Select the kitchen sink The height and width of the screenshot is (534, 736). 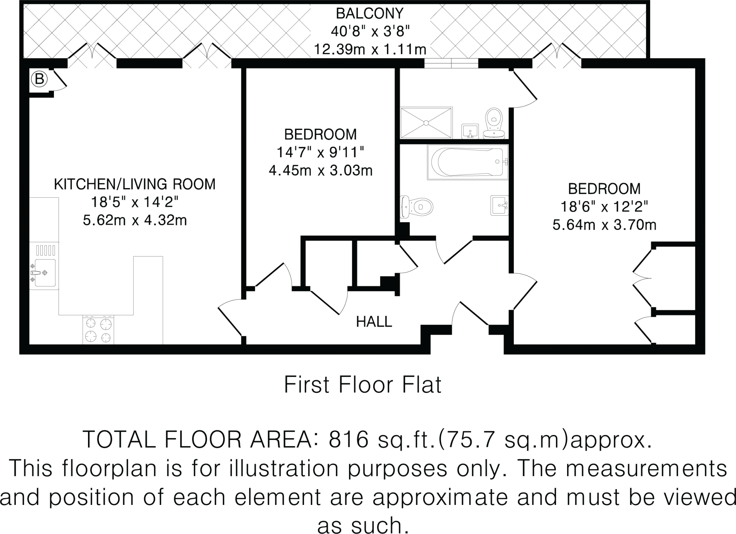tap(44, 272)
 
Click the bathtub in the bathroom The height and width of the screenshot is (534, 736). tap(467, 162)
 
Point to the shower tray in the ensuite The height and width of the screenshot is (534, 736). tap(426, 122)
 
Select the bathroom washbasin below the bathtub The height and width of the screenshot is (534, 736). tap(500, 205)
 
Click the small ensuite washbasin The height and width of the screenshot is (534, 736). tap(470, 131)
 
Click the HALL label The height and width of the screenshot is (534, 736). tap(374, 322)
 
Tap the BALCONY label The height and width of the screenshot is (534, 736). tap(370, 14)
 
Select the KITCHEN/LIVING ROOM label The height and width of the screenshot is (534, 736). tap(134, 184)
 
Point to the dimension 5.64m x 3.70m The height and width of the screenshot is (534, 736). tap(604, 225)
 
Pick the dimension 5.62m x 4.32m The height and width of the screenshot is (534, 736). tap(134, 220)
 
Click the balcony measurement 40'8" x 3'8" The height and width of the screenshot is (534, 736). tap(370, 32)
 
